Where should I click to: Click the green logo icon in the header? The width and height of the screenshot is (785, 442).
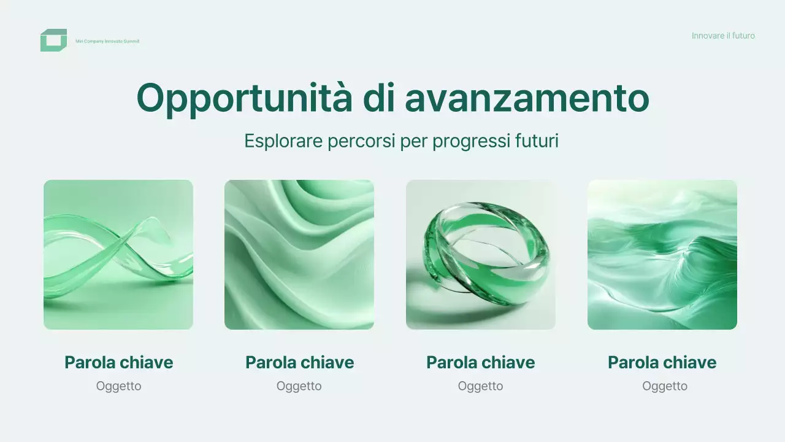coord(53,41)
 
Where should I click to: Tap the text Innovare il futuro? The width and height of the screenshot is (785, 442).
coord(723,36)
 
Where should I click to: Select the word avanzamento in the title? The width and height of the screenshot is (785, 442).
coord(527,98)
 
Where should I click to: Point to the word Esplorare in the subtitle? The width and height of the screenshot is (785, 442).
coord(283,141)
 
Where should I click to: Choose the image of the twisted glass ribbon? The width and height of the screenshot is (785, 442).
coord(118,255)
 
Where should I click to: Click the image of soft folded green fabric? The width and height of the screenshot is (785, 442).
coord(299,255)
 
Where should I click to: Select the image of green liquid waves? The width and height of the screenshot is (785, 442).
coord(662,255)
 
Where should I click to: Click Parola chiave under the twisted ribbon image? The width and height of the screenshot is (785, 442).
coord(119,362)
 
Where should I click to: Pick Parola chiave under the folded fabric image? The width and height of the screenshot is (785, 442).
coord(300,362)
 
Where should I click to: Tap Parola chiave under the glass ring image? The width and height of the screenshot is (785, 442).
coord(481,362)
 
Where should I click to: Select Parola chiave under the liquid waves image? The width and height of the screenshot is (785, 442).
coord(662,362)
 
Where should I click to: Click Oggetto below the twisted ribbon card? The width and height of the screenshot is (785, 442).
coord(119,386)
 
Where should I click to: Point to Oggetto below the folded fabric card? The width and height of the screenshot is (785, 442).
coord(299,386)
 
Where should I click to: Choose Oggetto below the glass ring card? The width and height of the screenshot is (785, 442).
coord(481,386)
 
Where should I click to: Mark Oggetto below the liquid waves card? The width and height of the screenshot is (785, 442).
coord(665,386)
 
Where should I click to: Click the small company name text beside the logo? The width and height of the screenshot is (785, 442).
coord(107,41)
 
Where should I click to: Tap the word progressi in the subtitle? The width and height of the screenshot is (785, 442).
coord(469,141)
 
